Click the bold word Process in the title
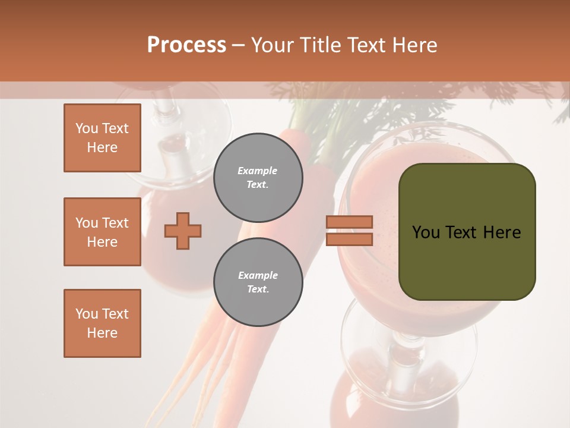[x=186, y=45]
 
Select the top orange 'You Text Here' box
[x=102, y=138]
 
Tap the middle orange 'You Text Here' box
[x=102, y=232]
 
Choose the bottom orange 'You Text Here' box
[x=102, y=323]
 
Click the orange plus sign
[x=183, y=231]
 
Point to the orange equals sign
[x=349, y=231]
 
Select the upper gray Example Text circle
[x=258, y=178]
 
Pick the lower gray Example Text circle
[x=258, y=282]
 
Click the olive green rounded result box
[x=467, y=232]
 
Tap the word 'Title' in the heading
[x=321, y=45]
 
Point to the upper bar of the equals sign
[x=349, y=222]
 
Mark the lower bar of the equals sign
[x=349, y=239]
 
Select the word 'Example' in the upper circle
[x=258, y=171]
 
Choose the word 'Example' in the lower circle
[x=258, y=275]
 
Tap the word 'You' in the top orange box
[x=87, y=128]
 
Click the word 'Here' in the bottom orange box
[x=102, y=333]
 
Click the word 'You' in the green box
[x=426, y=232]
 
